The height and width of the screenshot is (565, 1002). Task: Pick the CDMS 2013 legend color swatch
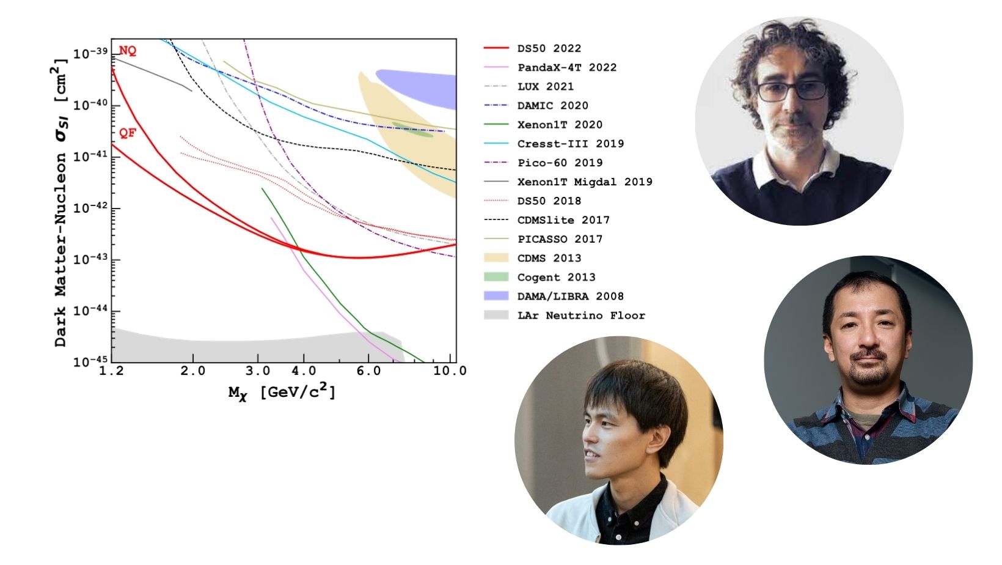(496, 258)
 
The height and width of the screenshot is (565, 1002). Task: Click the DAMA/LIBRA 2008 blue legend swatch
(496, 296)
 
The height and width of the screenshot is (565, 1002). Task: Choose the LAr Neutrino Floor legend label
(582, 316)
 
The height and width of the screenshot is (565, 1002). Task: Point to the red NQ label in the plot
(128, 51)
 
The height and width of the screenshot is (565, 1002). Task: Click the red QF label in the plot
(128, 133)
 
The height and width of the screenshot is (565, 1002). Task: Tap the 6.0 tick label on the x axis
(368, 371)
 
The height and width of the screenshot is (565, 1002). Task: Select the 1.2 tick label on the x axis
(111, 371)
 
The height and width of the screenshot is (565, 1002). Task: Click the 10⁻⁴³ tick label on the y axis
(90, 259)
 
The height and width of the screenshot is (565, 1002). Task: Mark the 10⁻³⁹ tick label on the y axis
(90, 53)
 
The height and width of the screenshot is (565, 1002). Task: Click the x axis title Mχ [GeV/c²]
(282, 391)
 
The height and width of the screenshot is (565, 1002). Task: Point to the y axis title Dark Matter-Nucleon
(60, 250)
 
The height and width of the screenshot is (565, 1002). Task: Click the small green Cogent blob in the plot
(412, 130)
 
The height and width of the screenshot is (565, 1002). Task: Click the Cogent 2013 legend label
(557, 278)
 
